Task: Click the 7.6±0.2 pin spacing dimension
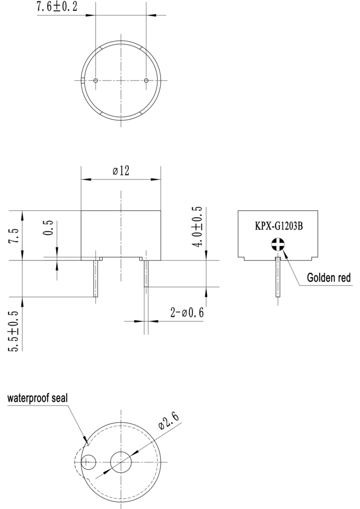[57, 6]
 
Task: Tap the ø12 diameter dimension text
[121, 170]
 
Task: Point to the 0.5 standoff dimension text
[48, 228]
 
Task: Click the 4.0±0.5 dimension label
[197, 226]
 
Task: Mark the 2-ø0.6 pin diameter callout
[187, 313]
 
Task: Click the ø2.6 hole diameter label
[169, 422]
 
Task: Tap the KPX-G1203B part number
[279, 226]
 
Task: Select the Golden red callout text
[329, 277]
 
